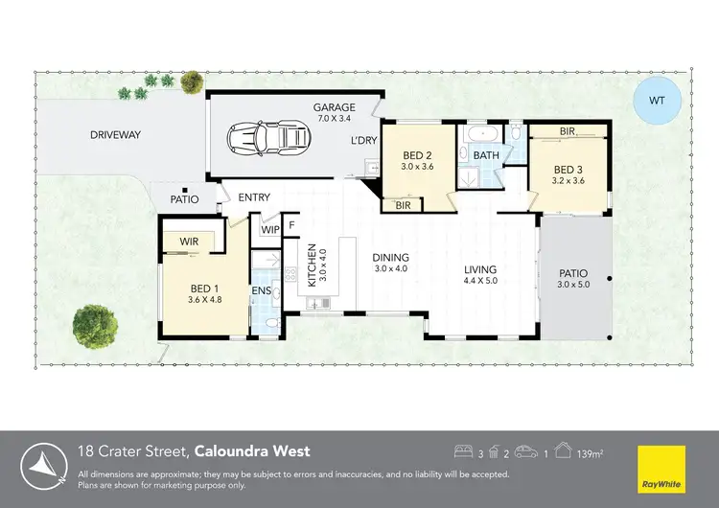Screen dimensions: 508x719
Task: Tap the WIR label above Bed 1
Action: coord(188,242)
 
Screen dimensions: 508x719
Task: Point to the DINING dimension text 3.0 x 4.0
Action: coord(391,269)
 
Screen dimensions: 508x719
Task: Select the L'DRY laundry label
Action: coord(363,140)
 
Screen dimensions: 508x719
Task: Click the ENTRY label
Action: coord(254,197)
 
